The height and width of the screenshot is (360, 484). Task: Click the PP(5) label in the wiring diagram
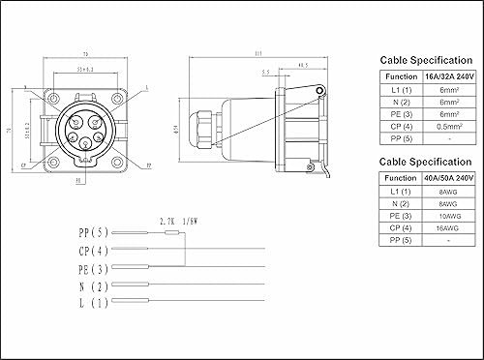[94, 233]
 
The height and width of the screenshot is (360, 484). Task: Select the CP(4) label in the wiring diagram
[94, 250]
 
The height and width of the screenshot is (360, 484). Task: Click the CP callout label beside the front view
[22, 165]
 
